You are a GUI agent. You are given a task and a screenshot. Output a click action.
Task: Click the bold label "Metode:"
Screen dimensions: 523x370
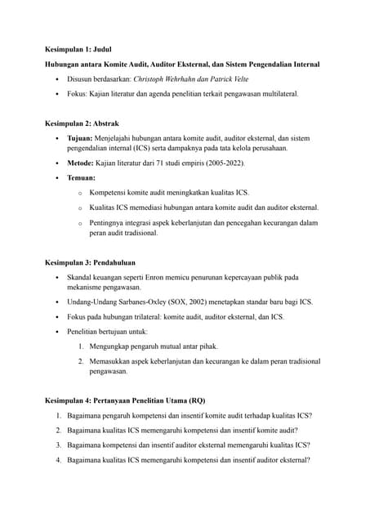click(81, 163)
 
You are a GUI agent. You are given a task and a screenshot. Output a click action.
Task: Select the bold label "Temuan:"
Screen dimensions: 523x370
click(81, 177)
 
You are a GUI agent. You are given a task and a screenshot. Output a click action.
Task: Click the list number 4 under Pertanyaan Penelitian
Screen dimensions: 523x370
click(59, 460)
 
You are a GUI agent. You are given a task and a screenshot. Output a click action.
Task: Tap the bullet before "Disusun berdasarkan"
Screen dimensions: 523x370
click(56, 79)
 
